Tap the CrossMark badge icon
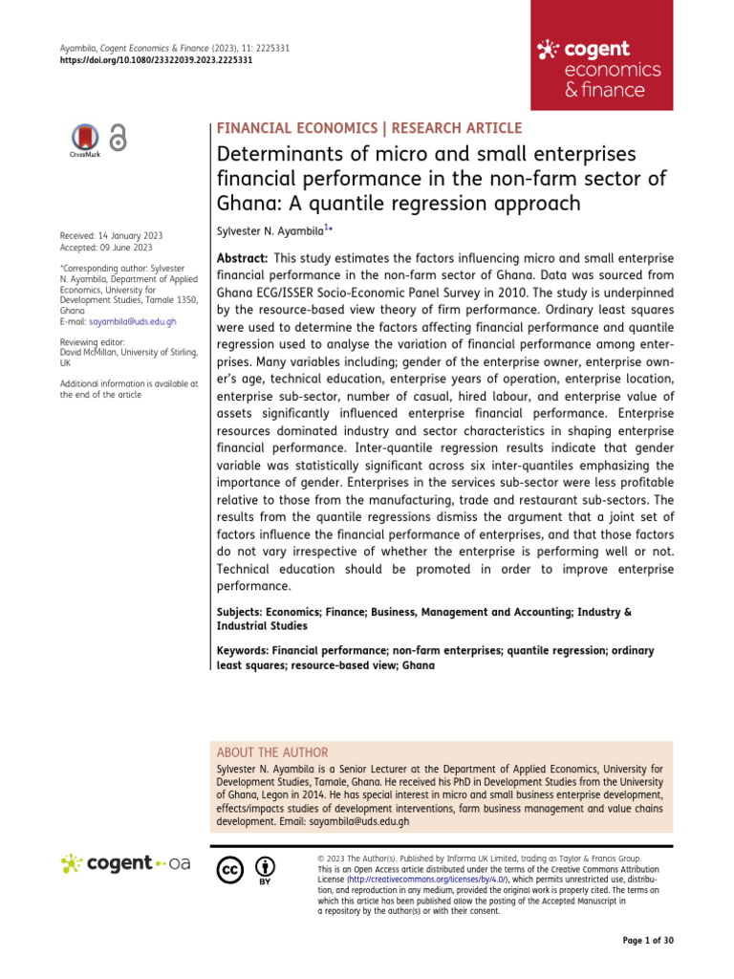click(x=85, y=140)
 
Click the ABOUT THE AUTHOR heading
click(x=273, y=752)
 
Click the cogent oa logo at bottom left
click(x=125, y=864)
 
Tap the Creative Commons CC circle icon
click(x=230, y=870)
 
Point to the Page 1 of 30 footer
click(x=648, y=941)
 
